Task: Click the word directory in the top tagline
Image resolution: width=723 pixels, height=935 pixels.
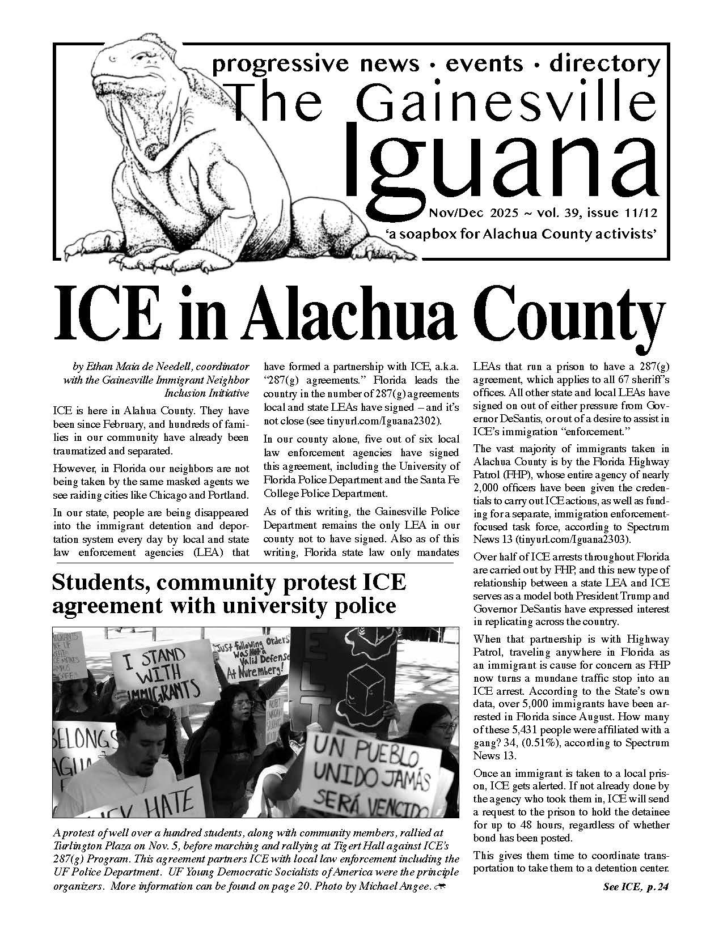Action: tap(604, 63)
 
